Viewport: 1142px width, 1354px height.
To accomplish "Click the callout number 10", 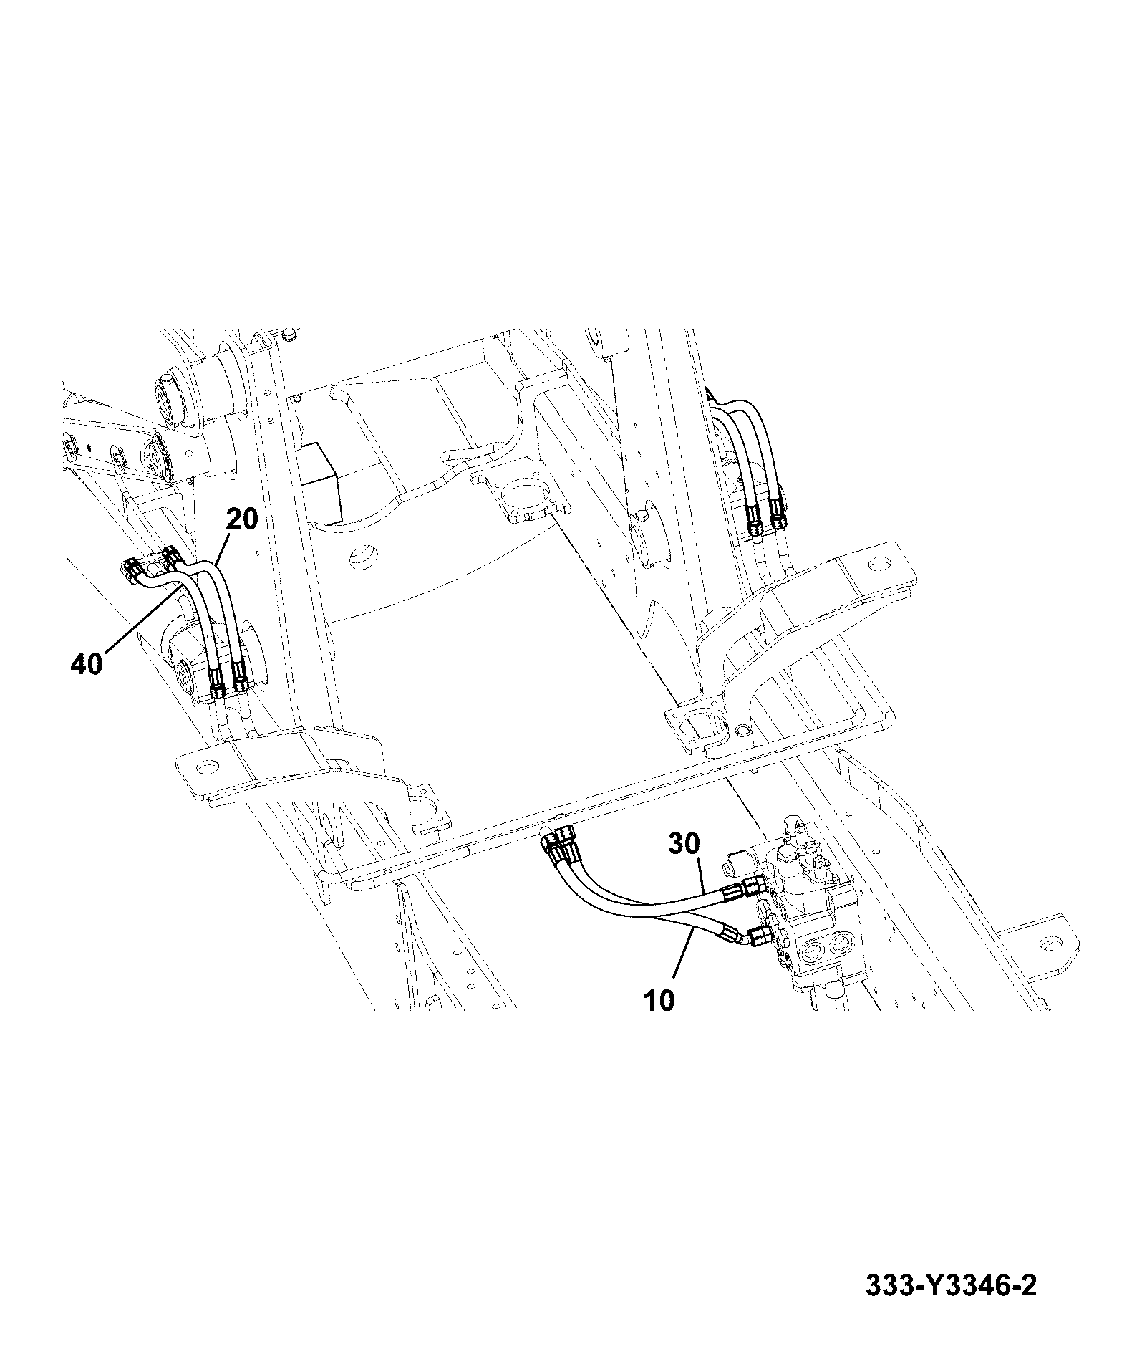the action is [x=659, y=1000].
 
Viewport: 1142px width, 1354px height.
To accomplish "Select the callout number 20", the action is [x=242, y=518].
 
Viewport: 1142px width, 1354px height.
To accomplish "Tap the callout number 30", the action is [x=684, y=844].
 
